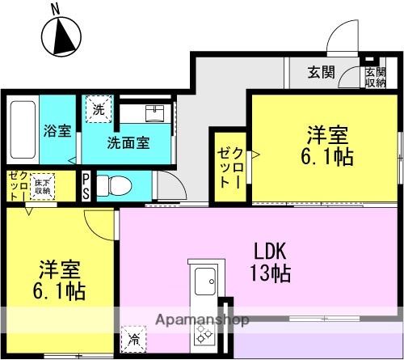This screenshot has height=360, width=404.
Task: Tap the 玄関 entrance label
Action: coord(321,72)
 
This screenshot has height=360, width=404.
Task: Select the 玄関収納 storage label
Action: coord(376,77)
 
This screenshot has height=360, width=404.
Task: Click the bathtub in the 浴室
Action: coord(22,130)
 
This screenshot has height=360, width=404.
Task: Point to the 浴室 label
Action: coord(56,129)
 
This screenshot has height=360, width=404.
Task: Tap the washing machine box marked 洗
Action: coord(97,109)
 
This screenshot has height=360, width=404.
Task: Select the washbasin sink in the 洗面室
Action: coord(155,113)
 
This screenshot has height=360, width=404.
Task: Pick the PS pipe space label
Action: coord(86,184)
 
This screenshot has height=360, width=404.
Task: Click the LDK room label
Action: coord(266,248)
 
